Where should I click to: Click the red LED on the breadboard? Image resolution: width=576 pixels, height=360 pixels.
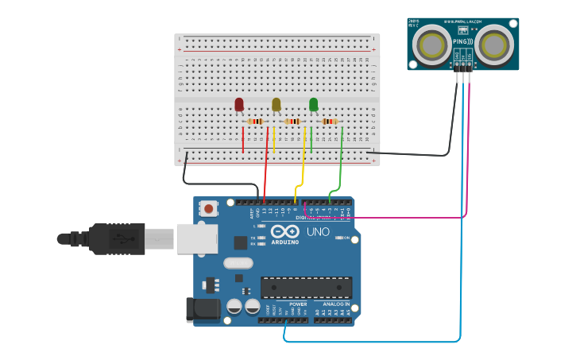pyautogui.click(x=239, y=104)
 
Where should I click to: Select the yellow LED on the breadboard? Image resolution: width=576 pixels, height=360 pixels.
pyautogui.click(x=276, y=104)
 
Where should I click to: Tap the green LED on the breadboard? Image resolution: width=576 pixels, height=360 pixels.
pyautogui.click(x=314, y=104)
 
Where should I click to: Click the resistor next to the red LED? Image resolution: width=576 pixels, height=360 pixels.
pyautogui.click(x=256, y=122)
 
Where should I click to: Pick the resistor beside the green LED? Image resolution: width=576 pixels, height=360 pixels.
pyautogui.click(x=330, y=122)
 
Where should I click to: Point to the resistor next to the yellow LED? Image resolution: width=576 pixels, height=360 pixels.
pyautogui.click(x=292, y=122)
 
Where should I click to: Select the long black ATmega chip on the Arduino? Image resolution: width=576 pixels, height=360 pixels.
pyautogui.click(x=306, y=287)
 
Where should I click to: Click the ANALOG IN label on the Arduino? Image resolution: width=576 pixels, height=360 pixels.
pyautogui.click(x=334, y=304)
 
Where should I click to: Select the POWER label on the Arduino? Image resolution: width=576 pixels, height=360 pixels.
pyautogui.click(x=298, y=304)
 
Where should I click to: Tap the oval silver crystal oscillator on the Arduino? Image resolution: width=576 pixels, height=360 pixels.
pyautogui.click(x=238, y=263)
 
